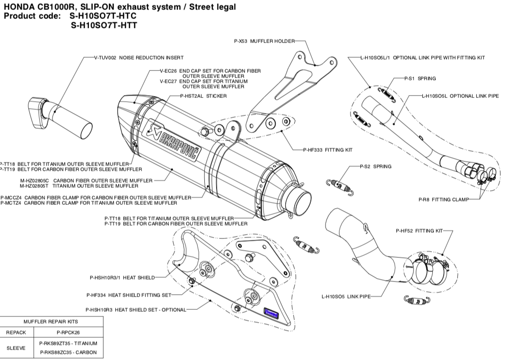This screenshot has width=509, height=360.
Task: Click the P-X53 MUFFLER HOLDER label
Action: click(264, 41)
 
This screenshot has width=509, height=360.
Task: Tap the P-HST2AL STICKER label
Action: click(203, 96)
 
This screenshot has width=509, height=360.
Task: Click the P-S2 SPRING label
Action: click(375, 167)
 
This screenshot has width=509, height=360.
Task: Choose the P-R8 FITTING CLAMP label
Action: click(443, 200)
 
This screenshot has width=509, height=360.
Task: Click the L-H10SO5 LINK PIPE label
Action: click(345, 297)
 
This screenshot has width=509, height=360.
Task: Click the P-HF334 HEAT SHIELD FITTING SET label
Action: click(129, 295)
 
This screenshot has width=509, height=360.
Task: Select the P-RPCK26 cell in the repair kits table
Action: click(68, 333)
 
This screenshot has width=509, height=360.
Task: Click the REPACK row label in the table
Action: click(16, 333)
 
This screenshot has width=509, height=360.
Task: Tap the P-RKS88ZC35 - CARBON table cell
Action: click(68, 352)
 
